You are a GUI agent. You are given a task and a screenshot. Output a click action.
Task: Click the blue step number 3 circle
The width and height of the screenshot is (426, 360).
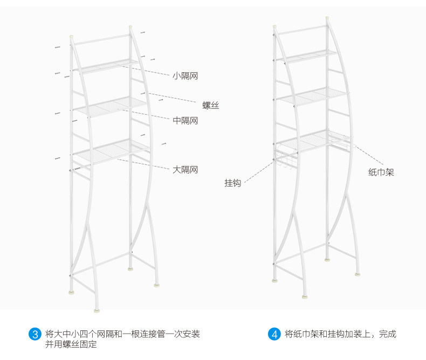(x=35, y=334)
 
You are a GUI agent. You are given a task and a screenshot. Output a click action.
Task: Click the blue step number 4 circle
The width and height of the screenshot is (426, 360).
(x=274, y=334)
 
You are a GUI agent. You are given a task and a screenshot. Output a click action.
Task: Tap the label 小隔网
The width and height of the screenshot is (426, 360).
(x=185, y=76)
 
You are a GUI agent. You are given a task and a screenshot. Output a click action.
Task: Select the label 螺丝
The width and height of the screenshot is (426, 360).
(x=210, y=106)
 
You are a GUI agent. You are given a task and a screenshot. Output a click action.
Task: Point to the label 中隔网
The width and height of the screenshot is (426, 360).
(x=185, y=121)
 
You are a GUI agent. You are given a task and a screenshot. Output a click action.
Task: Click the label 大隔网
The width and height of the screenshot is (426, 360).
(x=185, y=170)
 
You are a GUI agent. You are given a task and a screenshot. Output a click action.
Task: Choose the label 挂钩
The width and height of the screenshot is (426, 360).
(x=232, y=183)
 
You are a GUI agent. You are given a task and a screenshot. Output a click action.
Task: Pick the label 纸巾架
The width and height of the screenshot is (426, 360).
(x=381, y=172)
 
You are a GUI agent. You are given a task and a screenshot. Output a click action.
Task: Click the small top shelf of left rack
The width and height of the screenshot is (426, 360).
(x=105, y=65)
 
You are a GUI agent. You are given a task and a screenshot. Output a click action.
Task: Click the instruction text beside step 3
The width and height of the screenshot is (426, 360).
(x=122, y=339)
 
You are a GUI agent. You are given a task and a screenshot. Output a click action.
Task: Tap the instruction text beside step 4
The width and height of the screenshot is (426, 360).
(x=340, y=334)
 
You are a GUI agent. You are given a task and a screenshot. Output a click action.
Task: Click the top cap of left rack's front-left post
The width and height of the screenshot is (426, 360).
(x=71, y=40)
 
